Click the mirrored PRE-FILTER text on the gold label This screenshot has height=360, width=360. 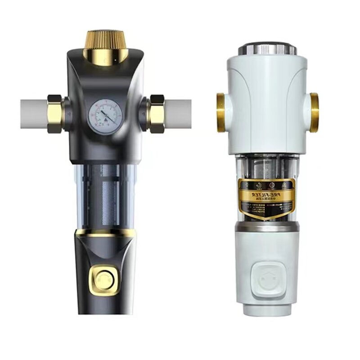click(266, 194)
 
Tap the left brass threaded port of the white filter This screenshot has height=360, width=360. click(221, 112)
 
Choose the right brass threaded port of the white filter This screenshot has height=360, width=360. click(314, 112)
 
